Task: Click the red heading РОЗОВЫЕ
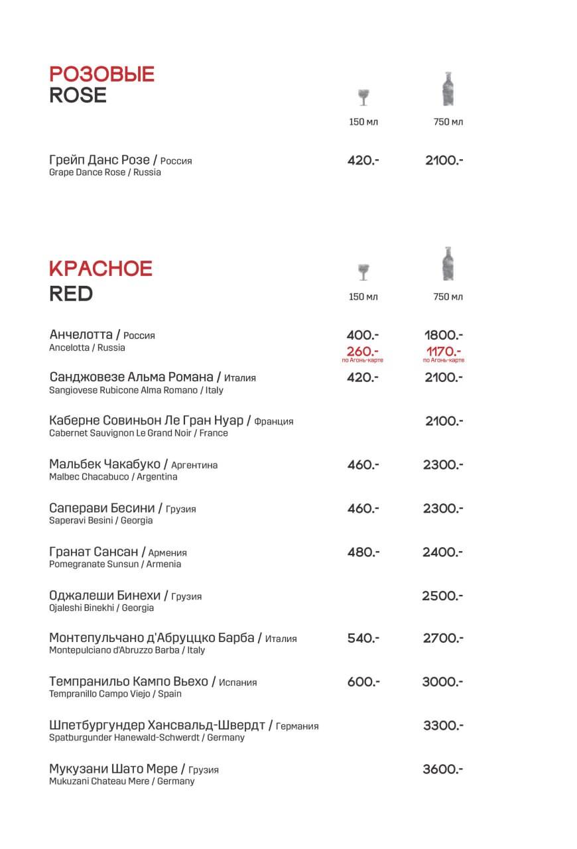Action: tap(101, 74)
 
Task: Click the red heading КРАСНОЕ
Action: tap(101, 269)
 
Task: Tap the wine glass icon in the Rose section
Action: tap(363, 97)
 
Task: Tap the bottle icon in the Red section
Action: tap(448, 264)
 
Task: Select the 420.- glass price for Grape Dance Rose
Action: tap(363, 161)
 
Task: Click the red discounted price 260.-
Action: tap(363, 351)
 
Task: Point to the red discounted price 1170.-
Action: tap(444, 351)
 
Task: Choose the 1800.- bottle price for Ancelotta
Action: tap(444, 336)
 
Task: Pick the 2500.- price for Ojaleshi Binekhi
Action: tap(442, 596)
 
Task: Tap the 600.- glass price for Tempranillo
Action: tap(363, 682)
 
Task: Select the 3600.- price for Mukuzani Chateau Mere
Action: tap(442, 769)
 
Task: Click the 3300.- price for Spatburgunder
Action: tap(443, 726)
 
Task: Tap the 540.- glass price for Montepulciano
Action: tap(363, 638)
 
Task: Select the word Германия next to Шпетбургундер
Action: tap(297, 726)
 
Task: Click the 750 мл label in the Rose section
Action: tap(448, 122)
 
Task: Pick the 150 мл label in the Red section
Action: tap(363, 296)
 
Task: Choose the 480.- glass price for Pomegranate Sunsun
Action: tap(363, 552)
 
